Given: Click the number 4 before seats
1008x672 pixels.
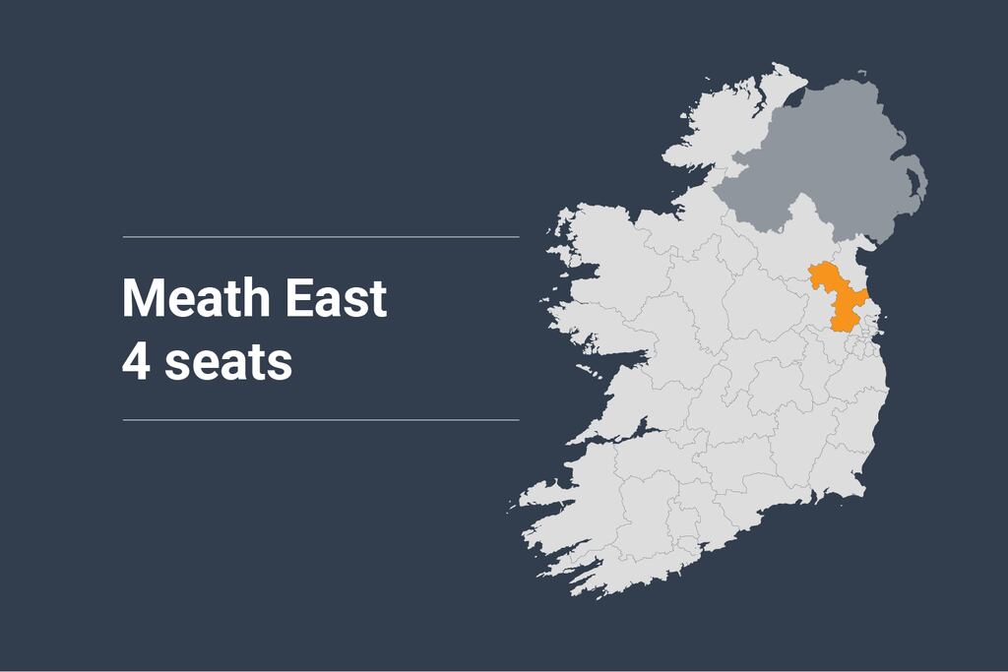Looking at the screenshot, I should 134,361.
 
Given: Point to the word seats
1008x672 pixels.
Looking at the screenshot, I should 228,362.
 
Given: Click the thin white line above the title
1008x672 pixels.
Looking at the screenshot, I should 321,237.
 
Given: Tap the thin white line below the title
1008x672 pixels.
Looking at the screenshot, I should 321,420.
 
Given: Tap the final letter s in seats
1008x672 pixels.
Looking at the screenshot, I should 283,365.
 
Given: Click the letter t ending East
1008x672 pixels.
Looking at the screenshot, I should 377,299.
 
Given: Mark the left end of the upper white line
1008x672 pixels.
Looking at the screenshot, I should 124,237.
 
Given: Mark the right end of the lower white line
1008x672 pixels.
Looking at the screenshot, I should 518,420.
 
